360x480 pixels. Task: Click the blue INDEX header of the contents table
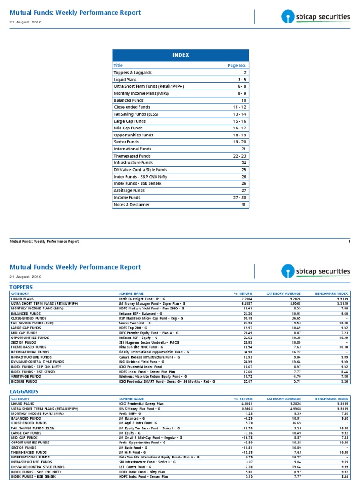point(180,55)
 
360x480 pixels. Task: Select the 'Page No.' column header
point(237,66)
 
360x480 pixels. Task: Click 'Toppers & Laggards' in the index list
point(133,73)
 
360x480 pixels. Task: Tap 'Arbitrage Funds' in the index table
point(129,191)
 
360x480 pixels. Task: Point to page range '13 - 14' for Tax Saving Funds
point(239,114)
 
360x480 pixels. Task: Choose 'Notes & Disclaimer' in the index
point(132,204)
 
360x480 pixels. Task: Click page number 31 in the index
point(244,204)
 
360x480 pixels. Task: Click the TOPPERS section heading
point(22,286)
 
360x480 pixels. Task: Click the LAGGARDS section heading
point(23,391)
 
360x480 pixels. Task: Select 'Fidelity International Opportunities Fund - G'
point(154,352)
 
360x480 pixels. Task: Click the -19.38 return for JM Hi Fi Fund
point(240,452)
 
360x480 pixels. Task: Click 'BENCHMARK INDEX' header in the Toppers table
point(331,293)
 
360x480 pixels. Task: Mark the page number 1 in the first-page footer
point(349,241)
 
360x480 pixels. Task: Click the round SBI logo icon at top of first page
point(287,18)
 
